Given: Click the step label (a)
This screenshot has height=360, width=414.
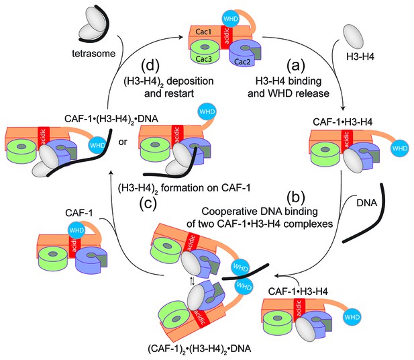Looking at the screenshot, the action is coord(296,65).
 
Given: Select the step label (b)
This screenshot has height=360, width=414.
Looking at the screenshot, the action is coord(296,197).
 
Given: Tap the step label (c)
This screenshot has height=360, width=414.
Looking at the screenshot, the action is coord(148,204).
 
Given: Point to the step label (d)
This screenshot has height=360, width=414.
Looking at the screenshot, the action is coord(150,66).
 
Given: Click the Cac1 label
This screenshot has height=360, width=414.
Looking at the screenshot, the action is coord(203,32).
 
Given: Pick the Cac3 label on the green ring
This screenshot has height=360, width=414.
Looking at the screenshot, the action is coord(203,59).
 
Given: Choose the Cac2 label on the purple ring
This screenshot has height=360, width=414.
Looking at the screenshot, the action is coord(242,62).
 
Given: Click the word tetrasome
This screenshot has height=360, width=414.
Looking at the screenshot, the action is coord(94,54).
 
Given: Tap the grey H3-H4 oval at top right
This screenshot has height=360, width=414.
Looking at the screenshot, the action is coord(354,37).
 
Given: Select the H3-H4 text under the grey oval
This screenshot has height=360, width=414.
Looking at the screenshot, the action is coord(360,56).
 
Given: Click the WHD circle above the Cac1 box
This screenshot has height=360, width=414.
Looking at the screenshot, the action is coord(231,19).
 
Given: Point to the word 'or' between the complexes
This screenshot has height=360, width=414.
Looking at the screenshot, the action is coord(123,142).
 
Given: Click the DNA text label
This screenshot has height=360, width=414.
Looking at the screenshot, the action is coord(367,203).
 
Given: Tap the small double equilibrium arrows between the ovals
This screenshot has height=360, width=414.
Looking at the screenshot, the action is coord(193,281).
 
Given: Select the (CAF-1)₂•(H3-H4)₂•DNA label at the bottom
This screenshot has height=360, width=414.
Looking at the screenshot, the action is coord(199,349).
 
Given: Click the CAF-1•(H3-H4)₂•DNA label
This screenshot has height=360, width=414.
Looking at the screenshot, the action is coord(111,119).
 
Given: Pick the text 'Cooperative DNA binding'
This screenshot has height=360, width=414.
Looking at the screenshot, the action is coord(260,212).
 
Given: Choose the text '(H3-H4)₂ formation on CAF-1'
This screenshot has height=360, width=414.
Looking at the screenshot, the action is coord(184,188).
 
